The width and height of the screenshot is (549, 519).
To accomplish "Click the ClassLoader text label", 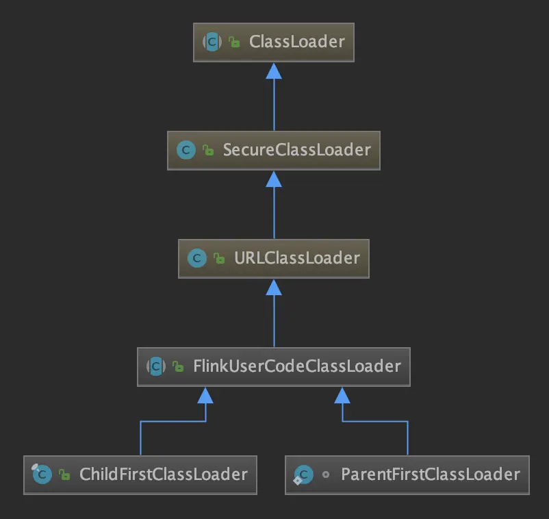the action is (x=297, y=42).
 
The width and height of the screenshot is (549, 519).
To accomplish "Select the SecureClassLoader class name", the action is (x=297, y=150).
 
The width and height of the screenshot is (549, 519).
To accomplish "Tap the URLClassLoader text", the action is (x=297, y=258).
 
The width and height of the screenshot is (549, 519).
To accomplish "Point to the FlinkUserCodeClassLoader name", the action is (x=297, y=366).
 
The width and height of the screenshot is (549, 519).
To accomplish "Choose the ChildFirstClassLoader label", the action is (x=164, y=474).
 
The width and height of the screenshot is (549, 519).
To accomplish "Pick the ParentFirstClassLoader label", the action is (x=431, y=474).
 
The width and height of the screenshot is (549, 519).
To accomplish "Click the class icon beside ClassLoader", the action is (x=212, y=42).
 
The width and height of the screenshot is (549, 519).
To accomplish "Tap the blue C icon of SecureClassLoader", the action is (x=186, y=150).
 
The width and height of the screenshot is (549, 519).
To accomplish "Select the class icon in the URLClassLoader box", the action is (x=197, y=258).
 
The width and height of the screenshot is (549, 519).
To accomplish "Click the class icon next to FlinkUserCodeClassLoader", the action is (x=156, y=366).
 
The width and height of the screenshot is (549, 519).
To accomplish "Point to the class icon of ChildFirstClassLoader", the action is (x=42, y=474).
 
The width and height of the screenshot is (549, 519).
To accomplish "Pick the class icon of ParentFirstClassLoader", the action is (x=303, y=475).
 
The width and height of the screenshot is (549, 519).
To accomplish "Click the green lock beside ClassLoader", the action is (x=234, y=42).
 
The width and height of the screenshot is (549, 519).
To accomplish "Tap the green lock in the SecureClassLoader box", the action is (x=208, y=150).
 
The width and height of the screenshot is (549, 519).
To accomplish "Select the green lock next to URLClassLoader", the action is (x=219, y=258).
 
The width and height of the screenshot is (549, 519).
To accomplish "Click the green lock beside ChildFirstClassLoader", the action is (x=64, y=474).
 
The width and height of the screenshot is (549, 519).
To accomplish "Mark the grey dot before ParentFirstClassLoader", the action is (x=326, y=474).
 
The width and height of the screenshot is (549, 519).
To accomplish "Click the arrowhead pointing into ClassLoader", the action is (x=274, y=71).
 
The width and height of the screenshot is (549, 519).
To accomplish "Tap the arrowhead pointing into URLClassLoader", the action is (x=274, y=288).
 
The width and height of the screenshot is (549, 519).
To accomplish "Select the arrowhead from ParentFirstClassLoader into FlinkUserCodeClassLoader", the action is (x=342, y=396).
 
